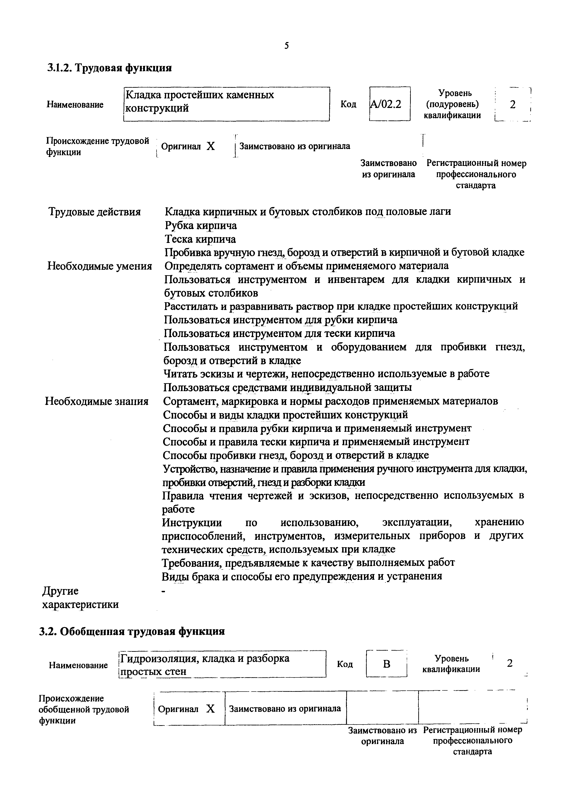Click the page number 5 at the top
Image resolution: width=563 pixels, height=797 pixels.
286,45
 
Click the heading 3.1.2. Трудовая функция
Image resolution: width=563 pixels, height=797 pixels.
109,67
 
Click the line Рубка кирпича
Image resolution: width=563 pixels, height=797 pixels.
201,226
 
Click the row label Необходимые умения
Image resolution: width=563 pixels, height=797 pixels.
100,266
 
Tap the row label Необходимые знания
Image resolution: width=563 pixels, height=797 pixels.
97,401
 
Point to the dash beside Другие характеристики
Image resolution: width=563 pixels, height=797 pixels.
164,591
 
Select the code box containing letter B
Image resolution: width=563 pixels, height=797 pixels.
386,664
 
